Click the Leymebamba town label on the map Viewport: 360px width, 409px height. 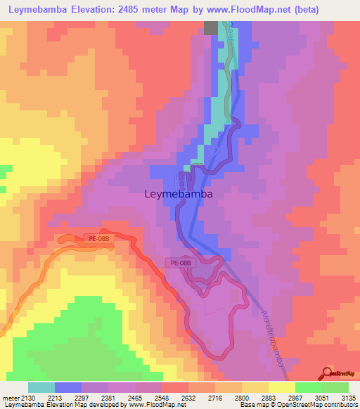click(x=179, y=194)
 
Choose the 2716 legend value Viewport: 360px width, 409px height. click(x=215, y=398)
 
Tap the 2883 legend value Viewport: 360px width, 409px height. click(x=269, y=398)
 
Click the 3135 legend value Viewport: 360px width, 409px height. click(x=349, y=398)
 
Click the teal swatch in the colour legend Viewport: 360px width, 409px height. click(x=41, y=387)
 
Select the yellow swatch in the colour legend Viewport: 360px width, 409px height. click(x=281, y=387)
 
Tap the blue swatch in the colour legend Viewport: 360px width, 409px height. click(x=67, y=387)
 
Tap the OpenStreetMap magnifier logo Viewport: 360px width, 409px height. click(x=329, y=372)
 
